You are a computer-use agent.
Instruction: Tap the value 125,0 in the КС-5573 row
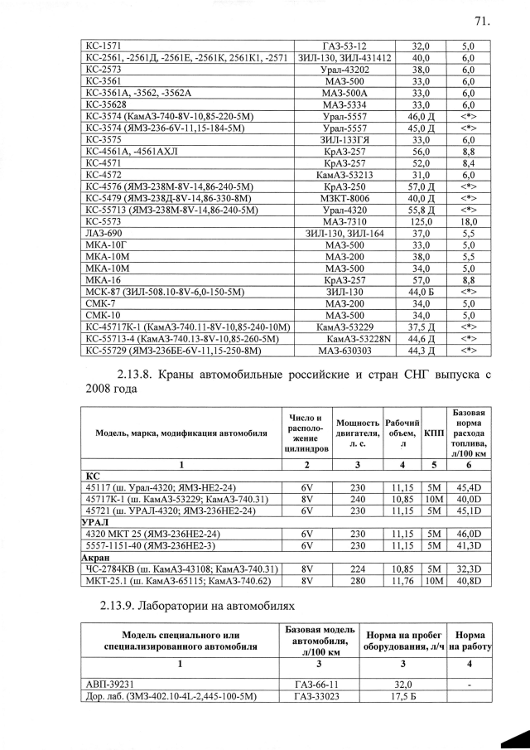point(422,222)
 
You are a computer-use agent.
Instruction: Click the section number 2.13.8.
point(142,374)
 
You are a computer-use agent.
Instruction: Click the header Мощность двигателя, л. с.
point(358,433)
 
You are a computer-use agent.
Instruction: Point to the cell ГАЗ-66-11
point(316,685)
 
